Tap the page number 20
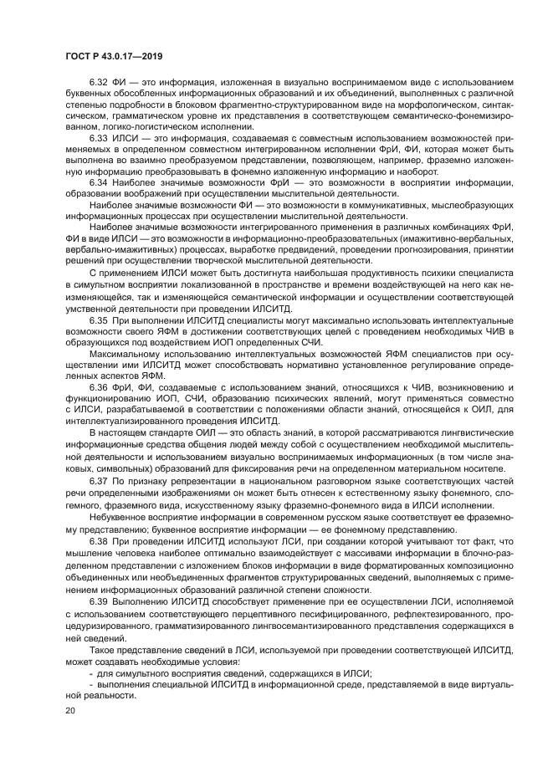(x=70, y=710)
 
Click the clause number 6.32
(x=97, y=81)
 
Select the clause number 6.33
(x=97, y=135)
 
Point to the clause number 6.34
(x=97, y=182)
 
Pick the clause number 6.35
(x=97, y=319)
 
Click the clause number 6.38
(x=97, y=540)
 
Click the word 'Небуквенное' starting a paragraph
(x=116, y=517)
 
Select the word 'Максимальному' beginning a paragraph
(x=122, y=354)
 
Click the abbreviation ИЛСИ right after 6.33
(x=125, y=135)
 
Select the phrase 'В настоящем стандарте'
(x=137, y=432)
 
